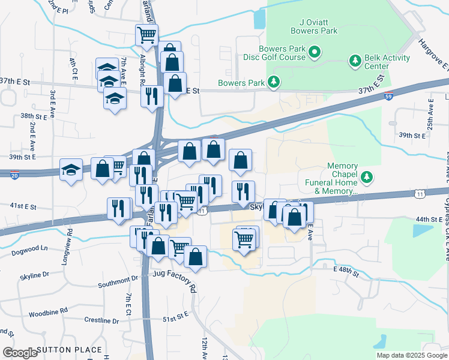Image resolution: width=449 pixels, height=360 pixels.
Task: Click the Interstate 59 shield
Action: tap(389, 96)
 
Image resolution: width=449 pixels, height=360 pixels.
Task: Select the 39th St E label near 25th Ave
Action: tap(413, 136)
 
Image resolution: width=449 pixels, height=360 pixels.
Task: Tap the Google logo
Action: tap(20, 353)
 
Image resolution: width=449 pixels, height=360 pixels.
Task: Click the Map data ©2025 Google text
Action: tap(411, 355)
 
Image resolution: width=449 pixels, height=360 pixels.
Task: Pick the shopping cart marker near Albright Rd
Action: tap(146, 35)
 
